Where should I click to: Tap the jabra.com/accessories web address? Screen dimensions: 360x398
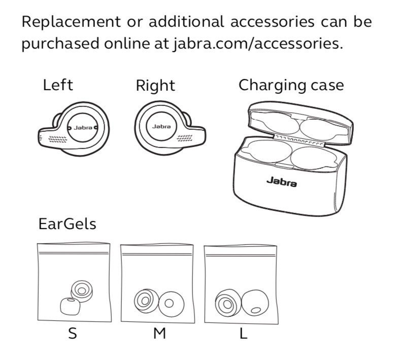click(252, 44)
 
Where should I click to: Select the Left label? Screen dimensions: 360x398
click(57, 85)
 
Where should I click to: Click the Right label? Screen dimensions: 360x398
click(155, 86)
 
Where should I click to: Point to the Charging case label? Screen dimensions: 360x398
click(291, 85)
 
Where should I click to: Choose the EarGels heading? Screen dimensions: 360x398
click(67, 224)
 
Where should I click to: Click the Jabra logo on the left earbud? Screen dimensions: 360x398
click(82, 127)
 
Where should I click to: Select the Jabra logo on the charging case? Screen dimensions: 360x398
click(282, 181)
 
